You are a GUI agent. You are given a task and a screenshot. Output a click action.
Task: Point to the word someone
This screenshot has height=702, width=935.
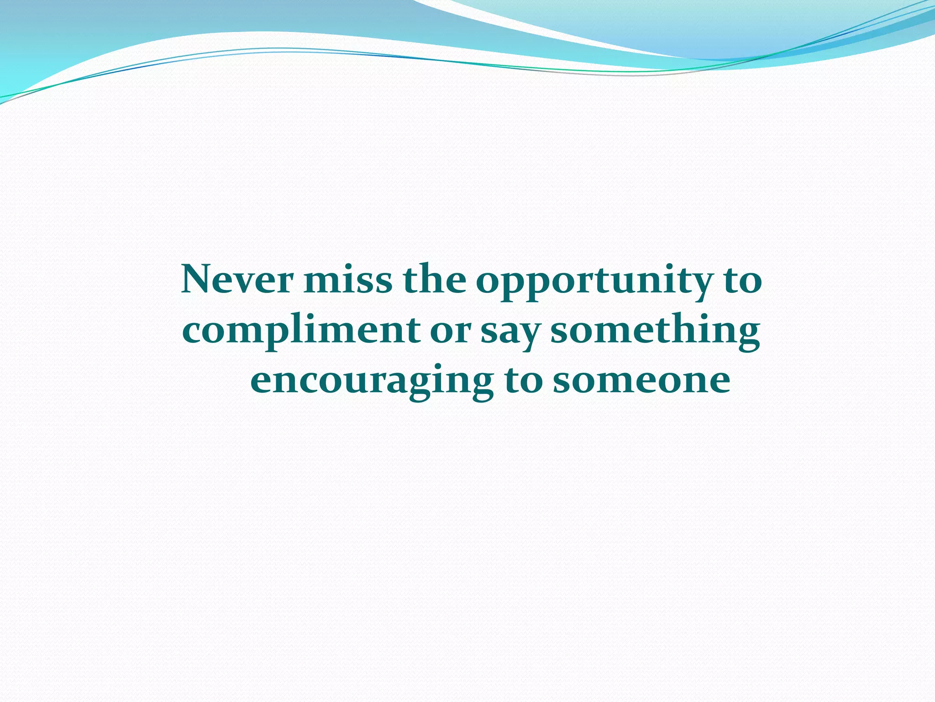[x=641, y=380]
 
